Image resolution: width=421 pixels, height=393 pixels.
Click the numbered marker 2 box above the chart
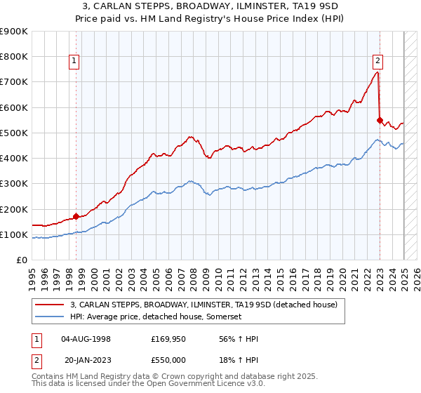(x=377, y=60)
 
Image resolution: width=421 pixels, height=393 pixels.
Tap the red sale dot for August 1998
(x=76, y=217)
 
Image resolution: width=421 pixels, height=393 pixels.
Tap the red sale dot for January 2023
(x=380, y=120)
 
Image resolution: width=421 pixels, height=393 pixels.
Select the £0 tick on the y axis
(x=22, y=260)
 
